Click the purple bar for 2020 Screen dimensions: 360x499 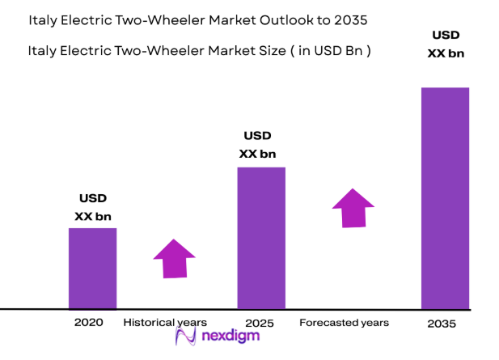(92, 268)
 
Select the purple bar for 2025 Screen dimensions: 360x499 (260, 238)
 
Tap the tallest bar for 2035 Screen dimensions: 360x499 (445, 198)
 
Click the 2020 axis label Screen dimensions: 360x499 (89, 322)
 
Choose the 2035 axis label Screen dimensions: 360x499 (442, 324)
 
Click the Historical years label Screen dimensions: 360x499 (165, 322)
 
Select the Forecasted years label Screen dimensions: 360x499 (344, 322)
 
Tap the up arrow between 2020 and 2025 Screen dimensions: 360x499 (175, 259)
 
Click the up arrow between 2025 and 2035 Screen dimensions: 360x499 (353, 208)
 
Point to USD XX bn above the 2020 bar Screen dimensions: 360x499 (91, 207)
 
